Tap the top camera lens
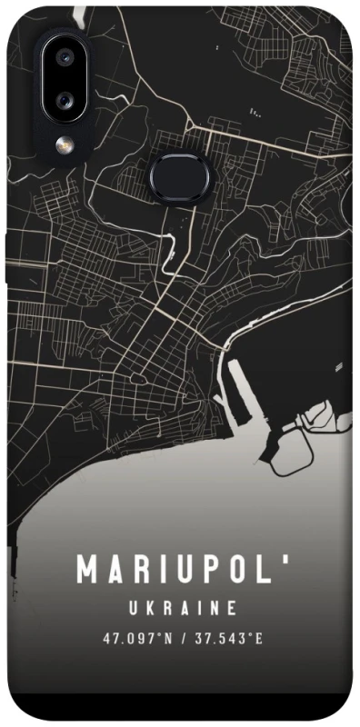[64, 57]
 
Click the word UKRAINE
[182, 606]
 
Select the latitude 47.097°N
[137, 638]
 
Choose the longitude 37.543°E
[226, 638]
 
